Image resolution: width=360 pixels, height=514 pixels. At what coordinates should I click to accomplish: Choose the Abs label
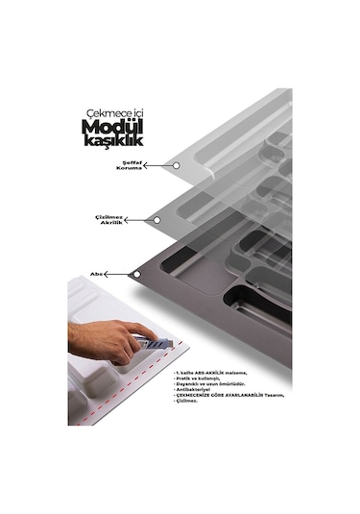97,273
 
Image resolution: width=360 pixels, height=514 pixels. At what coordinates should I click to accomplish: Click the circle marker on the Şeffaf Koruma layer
176,165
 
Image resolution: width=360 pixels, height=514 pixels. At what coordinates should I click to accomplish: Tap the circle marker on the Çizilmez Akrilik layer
156,219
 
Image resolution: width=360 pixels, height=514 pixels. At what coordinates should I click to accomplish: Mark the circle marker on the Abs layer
136,275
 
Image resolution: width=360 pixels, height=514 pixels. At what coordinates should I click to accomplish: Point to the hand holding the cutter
110,338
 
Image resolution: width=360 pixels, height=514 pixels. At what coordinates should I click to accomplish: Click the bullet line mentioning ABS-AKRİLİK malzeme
210,371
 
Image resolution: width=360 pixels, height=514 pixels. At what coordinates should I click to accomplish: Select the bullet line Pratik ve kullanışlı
197,378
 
